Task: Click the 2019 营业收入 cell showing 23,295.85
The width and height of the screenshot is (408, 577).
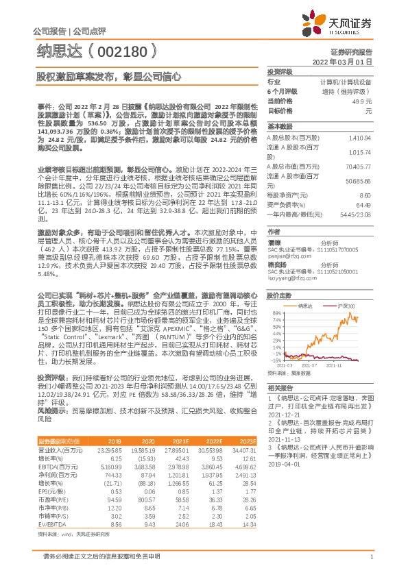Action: point(109,450)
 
